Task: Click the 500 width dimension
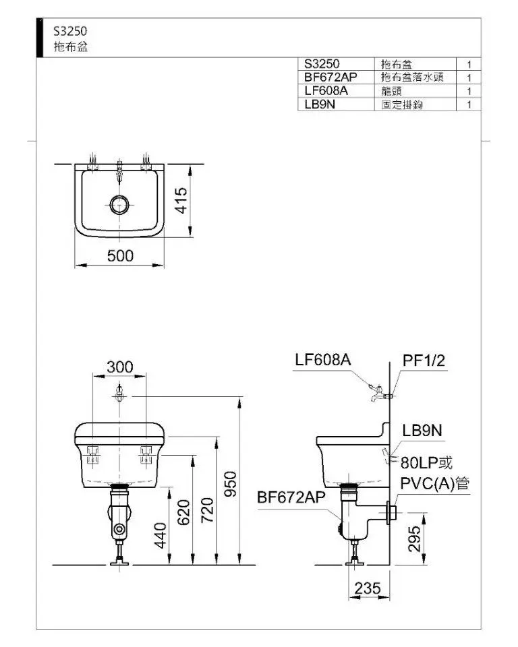120,256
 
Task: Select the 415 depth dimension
181,201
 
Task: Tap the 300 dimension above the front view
120,367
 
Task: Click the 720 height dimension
207,510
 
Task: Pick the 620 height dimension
183,512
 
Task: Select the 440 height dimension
161,536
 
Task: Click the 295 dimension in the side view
414,538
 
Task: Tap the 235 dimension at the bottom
367,588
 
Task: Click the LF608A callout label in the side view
323,360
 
